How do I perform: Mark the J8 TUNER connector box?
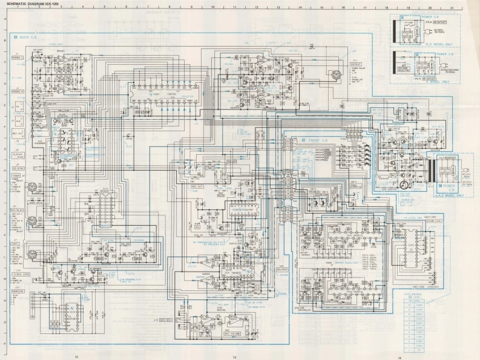[x=19, y=171]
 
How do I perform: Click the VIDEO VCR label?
[x=22, y=273]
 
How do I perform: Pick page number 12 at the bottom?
[x=77, y=357]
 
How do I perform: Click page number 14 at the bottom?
[x=399, y=357]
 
